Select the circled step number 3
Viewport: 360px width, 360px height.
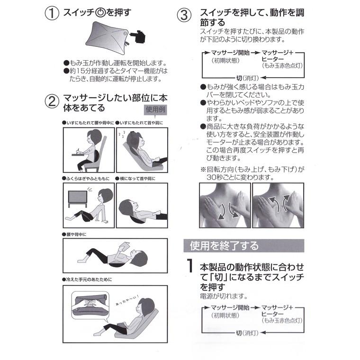click(x=184, y=15)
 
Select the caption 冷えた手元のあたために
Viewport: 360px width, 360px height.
click(x=87, y=279)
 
